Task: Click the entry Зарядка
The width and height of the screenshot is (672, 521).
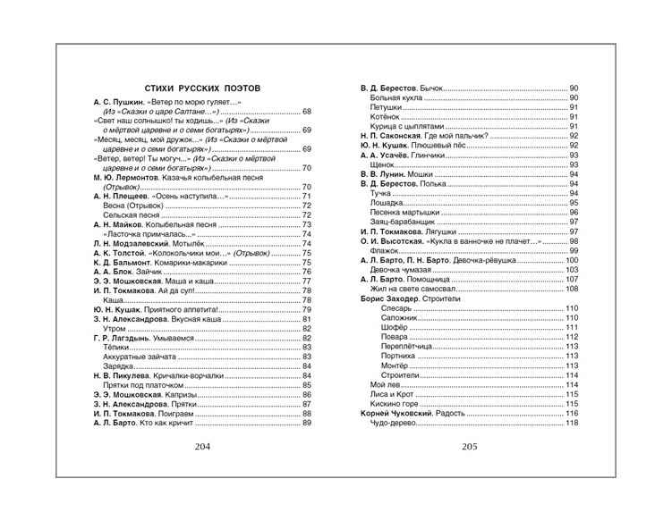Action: pos(119,366)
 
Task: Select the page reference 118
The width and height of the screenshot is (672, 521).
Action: pos(573,424)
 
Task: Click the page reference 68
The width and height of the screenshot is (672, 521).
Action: pos(307,111)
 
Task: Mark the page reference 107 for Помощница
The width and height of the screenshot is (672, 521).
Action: pos(573,279)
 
